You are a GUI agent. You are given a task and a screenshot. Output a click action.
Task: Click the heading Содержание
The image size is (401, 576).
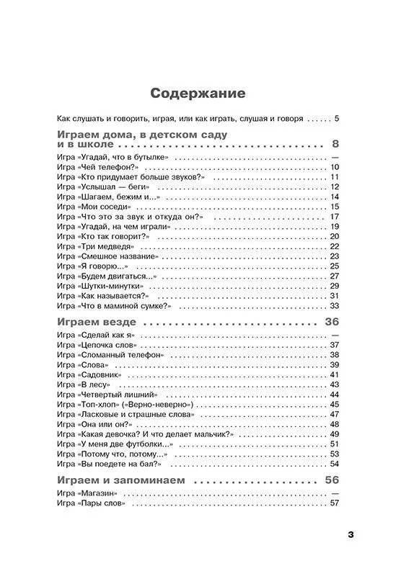point(197,94)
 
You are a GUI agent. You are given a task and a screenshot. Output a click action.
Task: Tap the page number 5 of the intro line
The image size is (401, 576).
point(336,118)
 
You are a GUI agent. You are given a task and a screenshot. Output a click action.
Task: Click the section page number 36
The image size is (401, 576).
point(332,321)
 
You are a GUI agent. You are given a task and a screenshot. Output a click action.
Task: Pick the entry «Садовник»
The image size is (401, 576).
point(110,375)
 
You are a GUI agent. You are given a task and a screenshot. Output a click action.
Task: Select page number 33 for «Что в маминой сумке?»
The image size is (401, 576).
point(334,305)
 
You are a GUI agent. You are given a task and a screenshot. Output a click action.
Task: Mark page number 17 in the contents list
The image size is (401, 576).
point(334,216)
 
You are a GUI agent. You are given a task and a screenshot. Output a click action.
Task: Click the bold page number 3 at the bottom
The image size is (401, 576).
point(351,534)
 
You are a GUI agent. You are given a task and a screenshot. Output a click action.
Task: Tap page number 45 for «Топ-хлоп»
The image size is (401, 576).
point(334,405)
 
